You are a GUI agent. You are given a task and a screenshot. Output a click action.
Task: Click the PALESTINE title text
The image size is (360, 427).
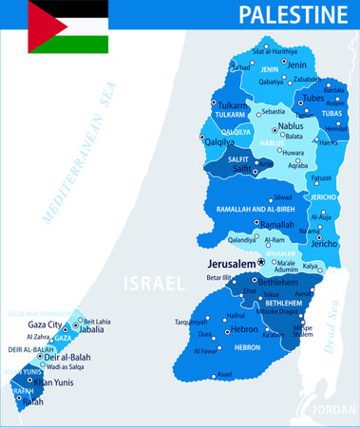point(293,15)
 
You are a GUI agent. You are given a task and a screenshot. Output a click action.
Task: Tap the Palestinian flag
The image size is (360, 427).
point(66,27)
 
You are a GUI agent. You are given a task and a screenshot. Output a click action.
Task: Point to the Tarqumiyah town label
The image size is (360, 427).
point(191,321)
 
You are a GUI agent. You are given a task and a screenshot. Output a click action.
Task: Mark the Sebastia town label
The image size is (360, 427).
point(274,111)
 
